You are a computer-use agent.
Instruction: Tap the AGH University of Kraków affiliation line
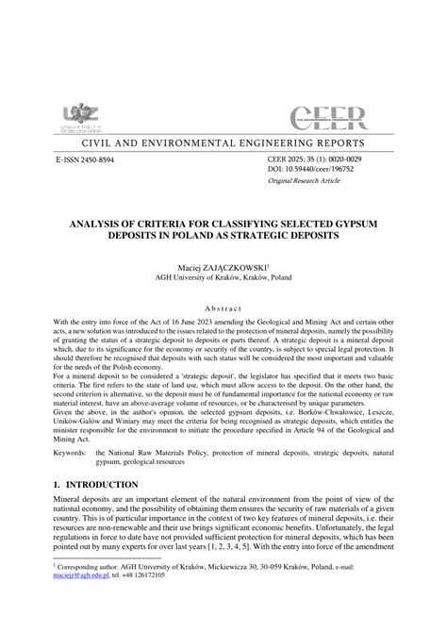click(x=223, y=280)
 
